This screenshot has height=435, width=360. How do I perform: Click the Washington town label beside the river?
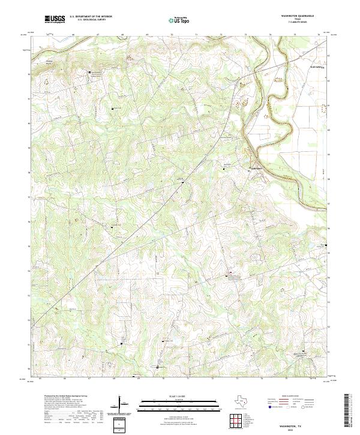click(x=256, y=168)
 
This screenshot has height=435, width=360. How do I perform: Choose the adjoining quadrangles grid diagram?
click(x=237, y=419)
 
